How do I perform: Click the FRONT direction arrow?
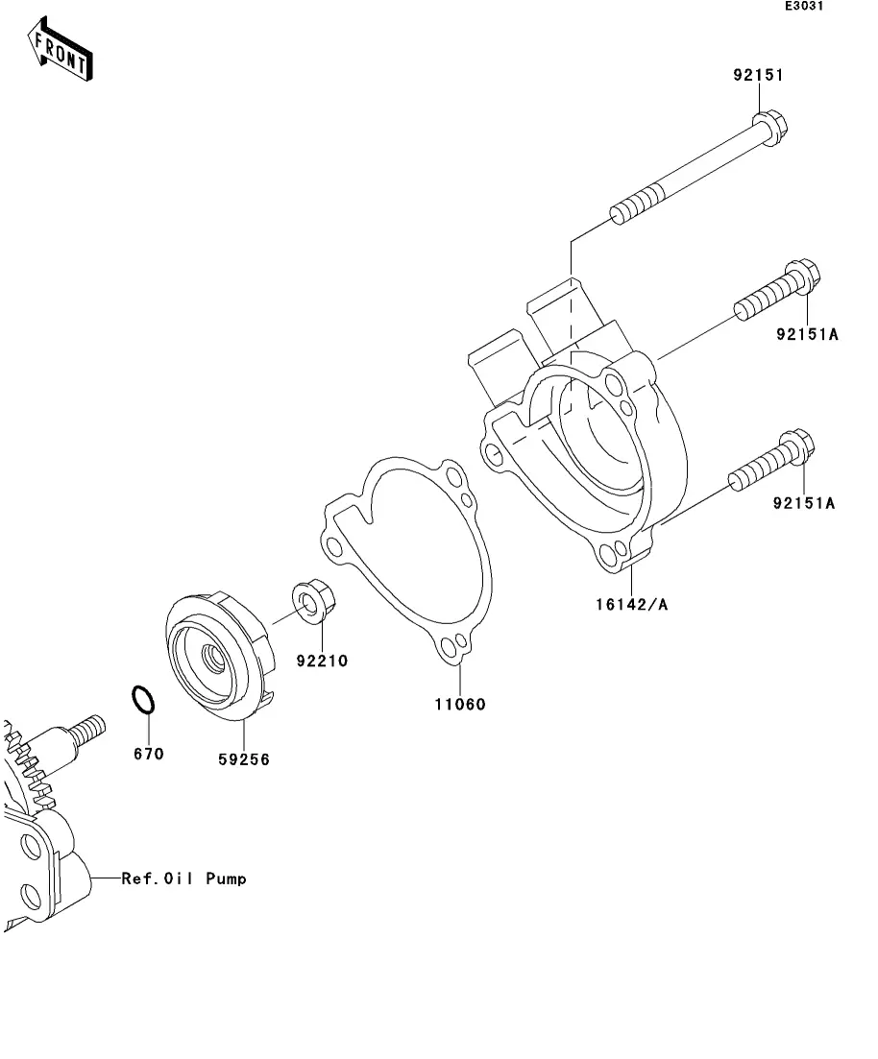(x=60, y=49)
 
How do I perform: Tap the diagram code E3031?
(x=804, y=6)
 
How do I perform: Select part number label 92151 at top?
(x=758, y=75)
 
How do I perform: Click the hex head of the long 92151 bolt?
(x=769, y=127)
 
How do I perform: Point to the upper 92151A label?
(x=807, y=334)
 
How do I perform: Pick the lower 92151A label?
(x=804, y=503)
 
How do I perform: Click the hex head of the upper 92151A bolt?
(x=802, y=276)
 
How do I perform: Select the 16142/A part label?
(x=631, y=605)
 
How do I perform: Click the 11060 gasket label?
(x=459, y=705)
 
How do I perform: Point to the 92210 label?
(x=322, y=661)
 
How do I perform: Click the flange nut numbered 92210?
(x=314, y=601)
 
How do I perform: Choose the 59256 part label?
(x=243, y=759)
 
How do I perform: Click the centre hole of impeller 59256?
(x=212, y=656)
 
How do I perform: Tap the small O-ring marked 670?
(x=142, y=700)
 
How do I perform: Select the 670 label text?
(x=148, y=754)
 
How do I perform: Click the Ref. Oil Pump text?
(x=183, y=878)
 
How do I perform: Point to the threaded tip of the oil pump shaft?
(x=88, y=729)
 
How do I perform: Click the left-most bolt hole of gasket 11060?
(x=332, y=545)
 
